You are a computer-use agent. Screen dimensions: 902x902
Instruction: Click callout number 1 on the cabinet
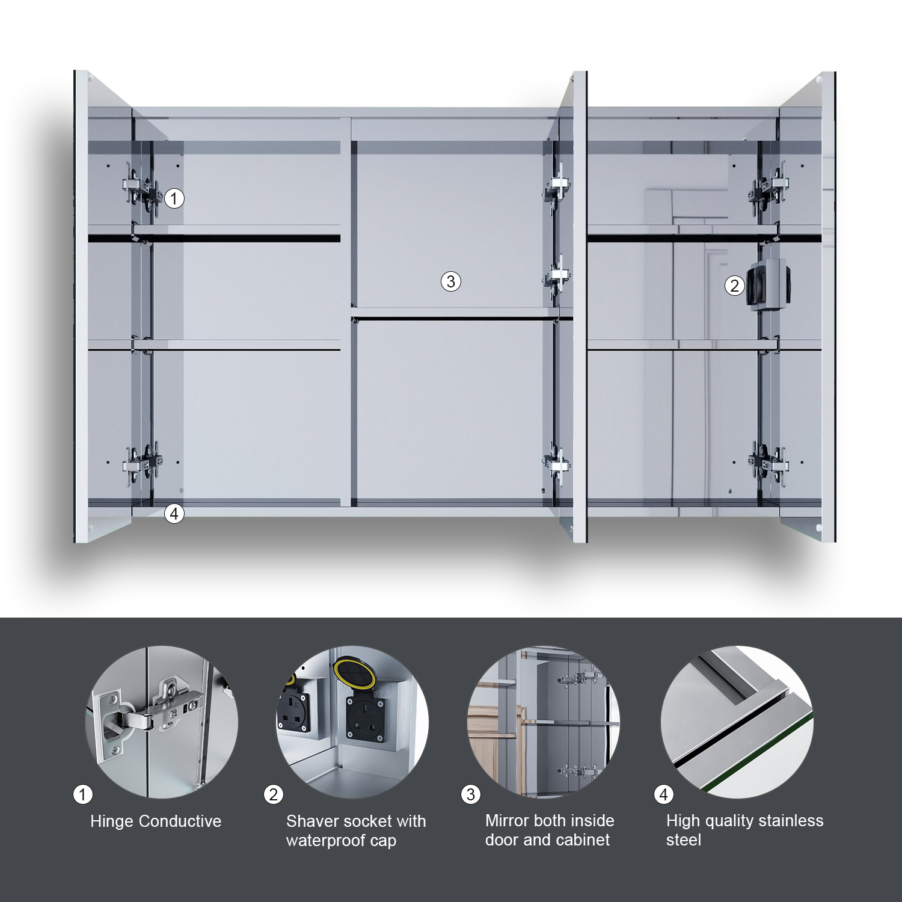(x=174, y=198)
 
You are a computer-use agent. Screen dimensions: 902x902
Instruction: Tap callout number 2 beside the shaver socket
(x=734, y=286)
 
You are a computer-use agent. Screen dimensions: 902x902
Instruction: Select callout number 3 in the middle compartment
(x=451, y=281)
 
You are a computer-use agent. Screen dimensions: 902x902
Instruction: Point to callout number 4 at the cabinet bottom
(x=174, y=514)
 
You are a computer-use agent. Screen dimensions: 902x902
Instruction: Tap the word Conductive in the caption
(x=180, y=821)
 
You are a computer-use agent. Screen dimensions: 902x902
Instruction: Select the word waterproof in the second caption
(x=325, y=841)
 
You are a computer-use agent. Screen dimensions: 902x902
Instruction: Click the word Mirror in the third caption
(x=506, y=821)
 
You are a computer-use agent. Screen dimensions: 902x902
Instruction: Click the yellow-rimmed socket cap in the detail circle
(x=355, y=672)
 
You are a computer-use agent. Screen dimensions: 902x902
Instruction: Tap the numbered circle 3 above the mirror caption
(x=471, y=794)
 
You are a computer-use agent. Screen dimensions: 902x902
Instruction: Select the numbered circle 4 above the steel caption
(x=664, y=794)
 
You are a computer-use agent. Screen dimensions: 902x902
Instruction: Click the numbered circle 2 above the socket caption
(x=274, y=794)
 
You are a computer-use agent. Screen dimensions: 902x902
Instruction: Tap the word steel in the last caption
(x=684, y=840)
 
